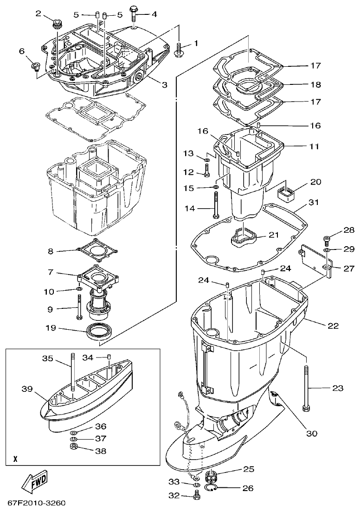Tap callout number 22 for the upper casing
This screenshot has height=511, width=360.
pyautogui.click(x=333, y=326)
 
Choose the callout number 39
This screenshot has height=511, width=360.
pyautogui.click(x=27, y=389)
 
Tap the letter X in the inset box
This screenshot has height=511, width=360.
pyautogui.click(x=15, y=460)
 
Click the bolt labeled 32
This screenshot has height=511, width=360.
pyautogui.click(x=197, y=496)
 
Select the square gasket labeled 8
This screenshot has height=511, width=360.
pyautogui.click(x=96, y=251)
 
